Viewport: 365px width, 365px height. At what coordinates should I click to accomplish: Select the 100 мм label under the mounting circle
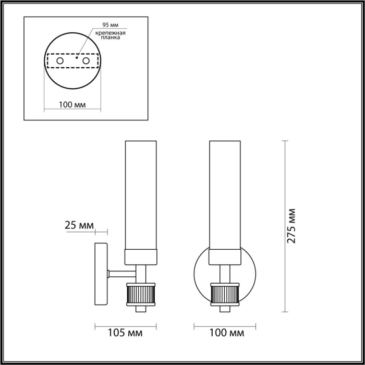tap(72, 104)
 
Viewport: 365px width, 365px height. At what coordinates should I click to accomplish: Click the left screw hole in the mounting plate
tap(60, 62)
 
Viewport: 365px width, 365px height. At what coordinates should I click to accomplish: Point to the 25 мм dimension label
tap(79, 226)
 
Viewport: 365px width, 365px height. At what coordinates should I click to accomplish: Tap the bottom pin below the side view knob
tap(140, 309)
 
